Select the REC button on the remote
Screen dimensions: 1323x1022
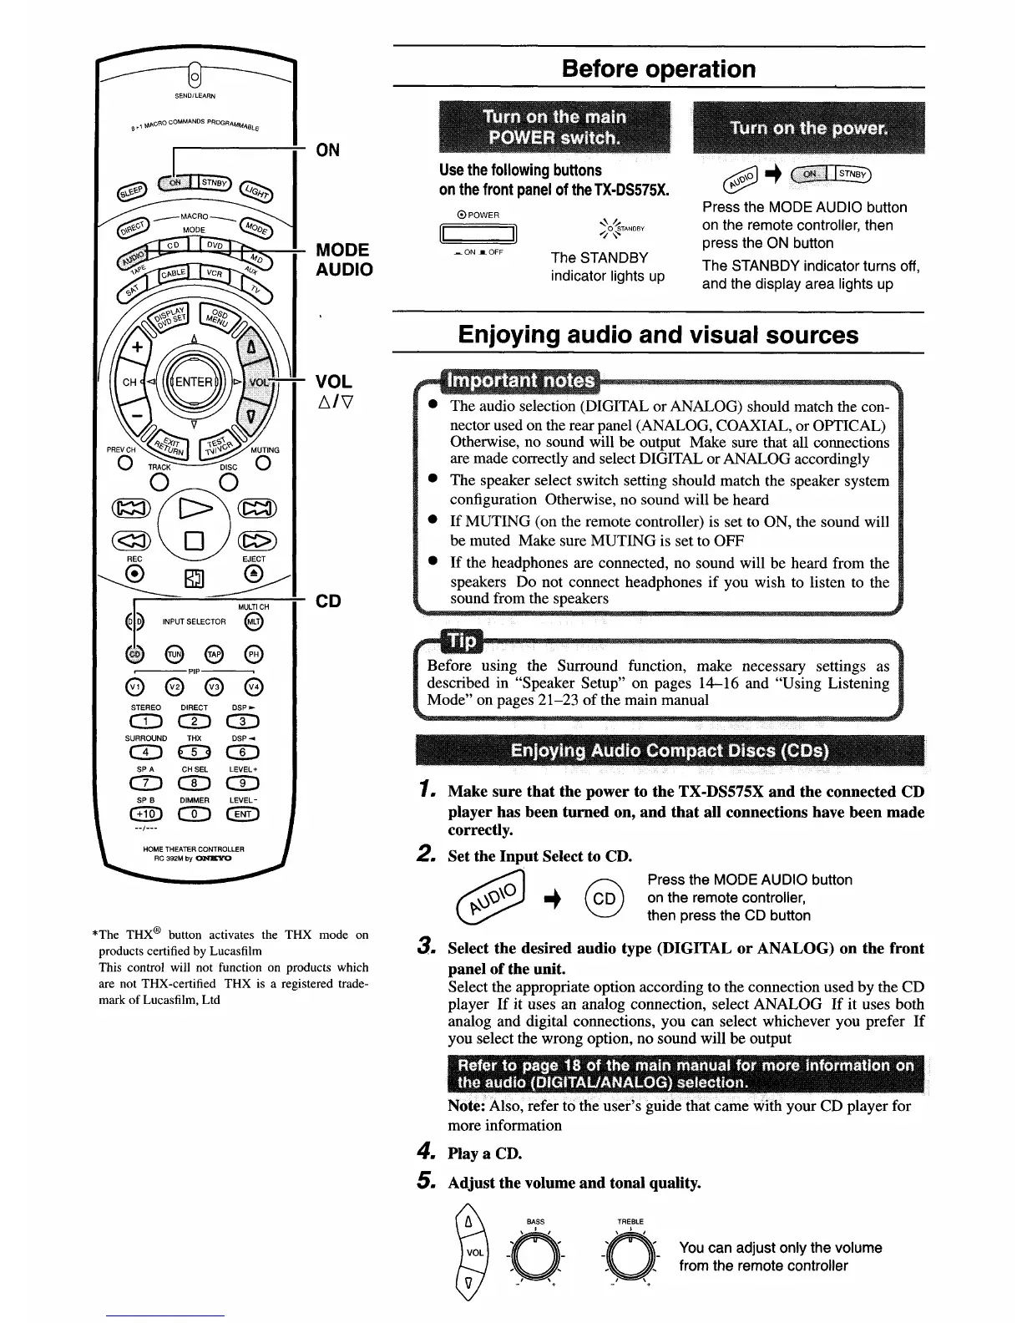[134, 573]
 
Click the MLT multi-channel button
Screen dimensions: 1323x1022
[253, 622]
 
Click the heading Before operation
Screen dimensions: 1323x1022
[659, 68]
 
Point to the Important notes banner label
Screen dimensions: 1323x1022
[522, 382]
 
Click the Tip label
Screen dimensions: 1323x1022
[462, 641]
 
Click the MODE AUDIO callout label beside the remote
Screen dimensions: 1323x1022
[344, 260]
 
